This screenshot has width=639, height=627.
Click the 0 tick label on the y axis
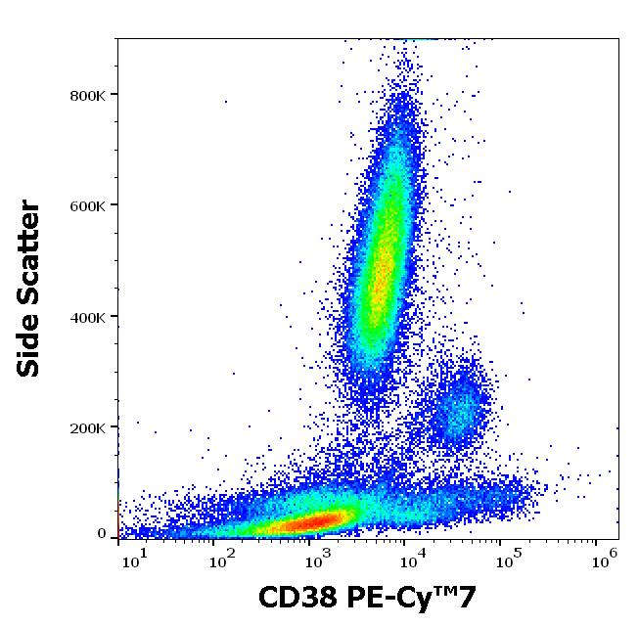tap(101, 534)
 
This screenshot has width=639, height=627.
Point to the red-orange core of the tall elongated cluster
tap(380, 264)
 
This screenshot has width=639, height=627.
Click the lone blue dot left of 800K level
tap(225, 101)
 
